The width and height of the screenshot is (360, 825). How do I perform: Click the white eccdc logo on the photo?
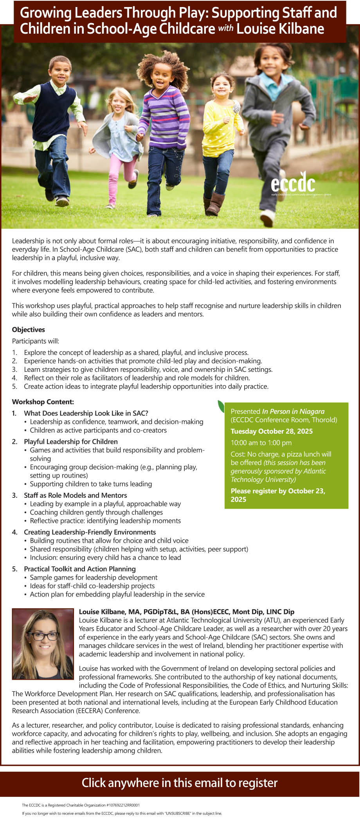coord(293,183)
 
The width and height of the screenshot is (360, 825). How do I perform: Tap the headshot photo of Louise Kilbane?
coord(43,644)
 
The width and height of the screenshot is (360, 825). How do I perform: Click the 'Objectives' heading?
coord(29,330)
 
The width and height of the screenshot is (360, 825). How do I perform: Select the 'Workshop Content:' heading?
coord(43,402)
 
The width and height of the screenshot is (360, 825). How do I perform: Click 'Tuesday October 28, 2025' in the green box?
coord(272,431)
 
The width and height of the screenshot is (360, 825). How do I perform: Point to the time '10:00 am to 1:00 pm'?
coord(261,443)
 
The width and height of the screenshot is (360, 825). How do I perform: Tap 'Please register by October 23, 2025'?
coord(278,495)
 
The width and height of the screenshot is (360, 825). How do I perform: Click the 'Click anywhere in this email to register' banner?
coord(180,783)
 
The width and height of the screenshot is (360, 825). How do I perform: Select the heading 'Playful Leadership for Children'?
coord(71,441)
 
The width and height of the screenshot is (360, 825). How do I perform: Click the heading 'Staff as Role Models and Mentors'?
coord(76,495)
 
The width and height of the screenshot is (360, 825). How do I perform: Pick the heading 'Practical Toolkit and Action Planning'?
coord(80,569)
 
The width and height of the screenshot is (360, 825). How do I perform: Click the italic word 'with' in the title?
coord(226,28)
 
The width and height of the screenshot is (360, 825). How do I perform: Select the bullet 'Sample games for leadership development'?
coord(94,577)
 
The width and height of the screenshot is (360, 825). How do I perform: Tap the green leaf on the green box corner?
coord(221,406)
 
